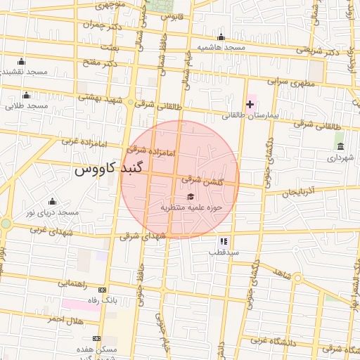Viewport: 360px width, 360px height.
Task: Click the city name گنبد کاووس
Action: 108,169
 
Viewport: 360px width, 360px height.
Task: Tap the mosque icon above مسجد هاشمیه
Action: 221,38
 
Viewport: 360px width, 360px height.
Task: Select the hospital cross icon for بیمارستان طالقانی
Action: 250,104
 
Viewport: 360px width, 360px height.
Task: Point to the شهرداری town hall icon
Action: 341,146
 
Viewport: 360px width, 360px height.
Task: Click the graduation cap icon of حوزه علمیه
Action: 191,196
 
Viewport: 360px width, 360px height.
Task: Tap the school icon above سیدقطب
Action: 224,240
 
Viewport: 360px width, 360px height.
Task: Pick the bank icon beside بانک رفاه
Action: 103,290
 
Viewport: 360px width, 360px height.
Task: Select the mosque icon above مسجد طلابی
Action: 27,96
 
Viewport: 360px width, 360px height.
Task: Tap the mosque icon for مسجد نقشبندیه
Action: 20,61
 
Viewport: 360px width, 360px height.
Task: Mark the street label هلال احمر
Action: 65,320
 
